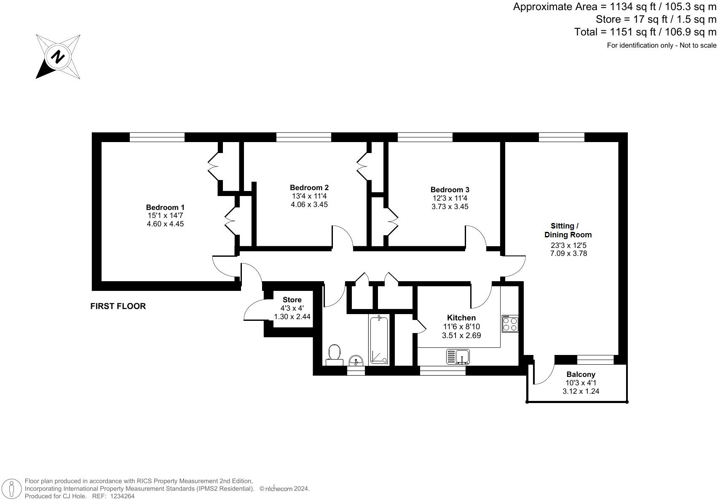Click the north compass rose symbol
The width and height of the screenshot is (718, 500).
pyautogui.click(x=58, y=56)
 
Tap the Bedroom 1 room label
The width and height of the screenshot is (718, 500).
pyautogui.click(x=165, y=207)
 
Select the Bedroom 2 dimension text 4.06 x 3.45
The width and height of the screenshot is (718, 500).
pyautogui.click(x=309, y=204)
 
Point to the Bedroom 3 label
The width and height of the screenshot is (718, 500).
pyautogui.click(x=450, y=190)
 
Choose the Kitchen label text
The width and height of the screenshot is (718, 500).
pyautogui.click(x=461, y=317)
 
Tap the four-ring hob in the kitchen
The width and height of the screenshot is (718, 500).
pyautogui.click(x=510, y=324)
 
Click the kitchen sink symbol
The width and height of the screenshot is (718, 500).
pyautogui.click(x=458, y=357)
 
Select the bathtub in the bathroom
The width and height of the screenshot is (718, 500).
pyautogui.click(x=379, y=341)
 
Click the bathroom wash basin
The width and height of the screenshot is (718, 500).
pyautogui.click(x=356, y=360)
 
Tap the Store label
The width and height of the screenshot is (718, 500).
pyautogui.click(x=292, y=300)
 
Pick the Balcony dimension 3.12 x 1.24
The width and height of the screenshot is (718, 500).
pyautogui.click(x=581, y=391)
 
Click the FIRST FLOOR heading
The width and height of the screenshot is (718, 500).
pyautogui.click(x=118, y=306)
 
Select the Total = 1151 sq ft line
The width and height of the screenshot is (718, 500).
pyautogui.click(x=645, y=32)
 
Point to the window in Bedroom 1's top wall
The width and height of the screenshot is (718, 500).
pyautogui.click(x=157, y=137)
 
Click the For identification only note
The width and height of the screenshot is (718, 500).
pyautogui.click(x=661, y=46)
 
